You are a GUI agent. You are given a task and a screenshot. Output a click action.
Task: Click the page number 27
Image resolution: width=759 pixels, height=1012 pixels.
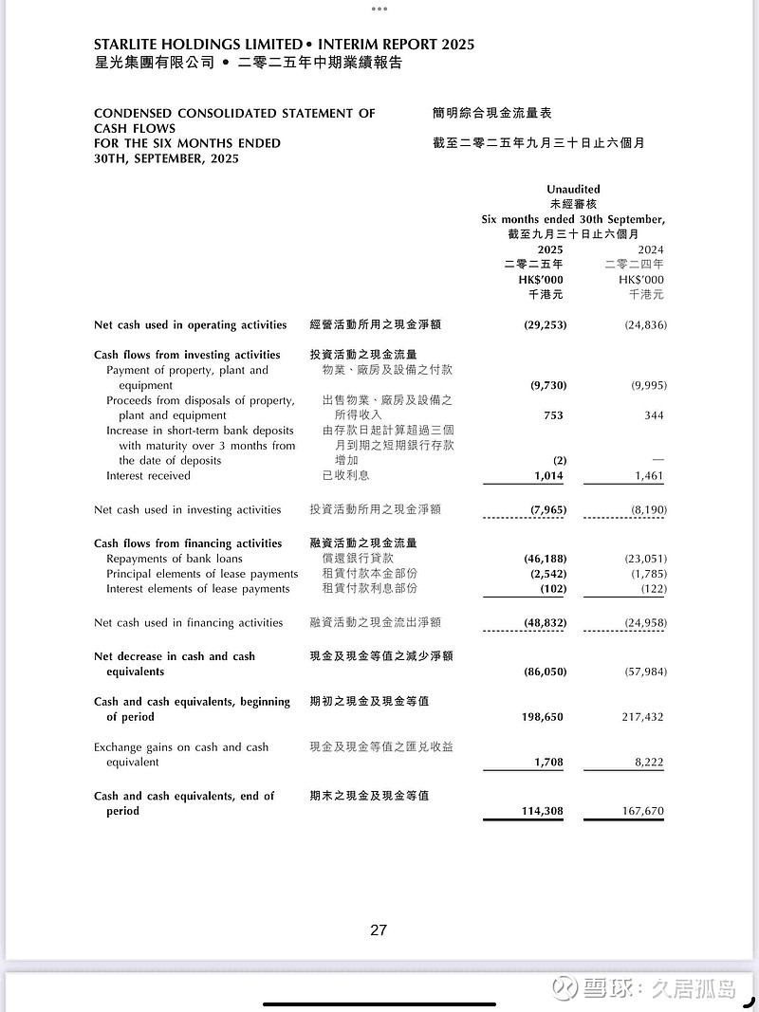(379, 930)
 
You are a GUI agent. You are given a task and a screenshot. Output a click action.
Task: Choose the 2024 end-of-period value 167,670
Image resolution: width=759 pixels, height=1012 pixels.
(642, 812)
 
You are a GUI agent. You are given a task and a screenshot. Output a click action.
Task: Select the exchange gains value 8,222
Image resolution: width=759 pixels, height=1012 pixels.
(648, 763)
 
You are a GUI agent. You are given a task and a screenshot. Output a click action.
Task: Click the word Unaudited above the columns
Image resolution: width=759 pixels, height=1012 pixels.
(573, 190)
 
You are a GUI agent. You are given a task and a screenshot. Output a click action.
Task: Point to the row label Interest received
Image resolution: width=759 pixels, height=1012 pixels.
(148, 476)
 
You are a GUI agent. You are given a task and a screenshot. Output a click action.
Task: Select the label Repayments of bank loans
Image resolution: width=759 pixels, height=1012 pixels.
(175, 559)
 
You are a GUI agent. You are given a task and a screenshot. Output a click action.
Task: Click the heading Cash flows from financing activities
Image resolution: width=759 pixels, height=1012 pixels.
(188, 543)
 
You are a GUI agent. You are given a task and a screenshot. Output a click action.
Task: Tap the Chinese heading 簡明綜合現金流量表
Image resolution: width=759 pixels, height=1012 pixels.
(491, 113)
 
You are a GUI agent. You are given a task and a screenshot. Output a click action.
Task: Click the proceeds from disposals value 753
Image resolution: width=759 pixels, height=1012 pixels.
(553, 415)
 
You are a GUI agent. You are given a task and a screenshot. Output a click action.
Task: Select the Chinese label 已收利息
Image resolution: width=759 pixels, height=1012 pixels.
(345, 476)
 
